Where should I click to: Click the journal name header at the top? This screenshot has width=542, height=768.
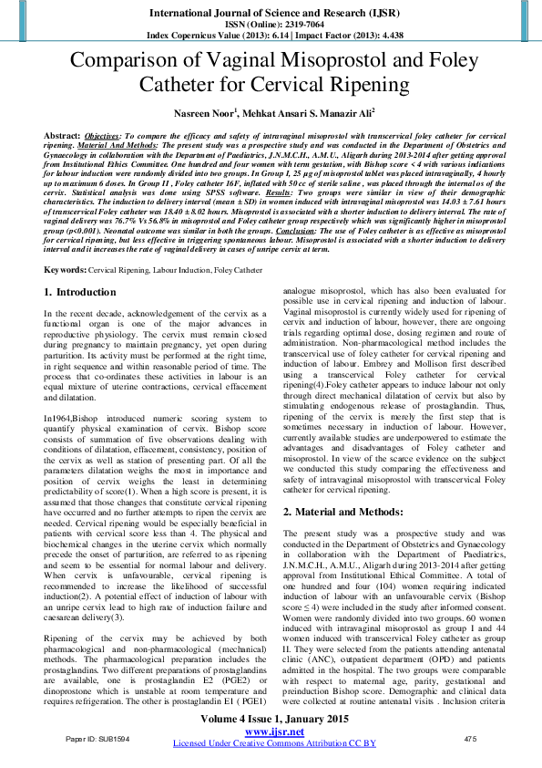tap(271, 13)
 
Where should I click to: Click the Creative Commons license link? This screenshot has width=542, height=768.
tap(271, 743)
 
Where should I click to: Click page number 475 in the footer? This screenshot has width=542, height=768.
tap(470, 738)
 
